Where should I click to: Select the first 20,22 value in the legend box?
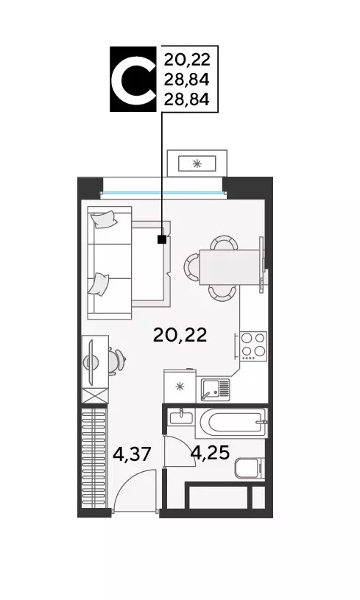(187, 60)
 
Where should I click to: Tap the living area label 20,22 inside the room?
(180, 335)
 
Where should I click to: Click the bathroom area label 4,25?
(211, 453)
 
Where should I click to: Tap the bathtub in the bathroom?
(230, 423)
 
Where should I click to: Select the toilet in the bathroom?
(250, 467)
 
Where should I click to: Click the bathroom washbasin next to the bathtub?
(180, 417)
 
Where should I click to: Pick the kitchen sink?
(215, 389)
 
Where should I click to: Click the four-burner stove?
(253, 346)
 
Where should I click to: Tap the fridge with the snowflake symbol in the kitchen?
(180, 386)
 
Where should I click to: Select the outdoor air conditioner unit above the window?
(197, 163)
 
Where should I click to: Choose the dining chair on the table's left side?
(191, 267)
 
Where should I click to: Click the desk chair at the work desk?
(116, 361)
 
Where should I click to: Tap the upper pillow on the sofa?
(103, 219)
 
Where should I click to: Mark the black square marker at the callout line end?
(162, 239)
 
